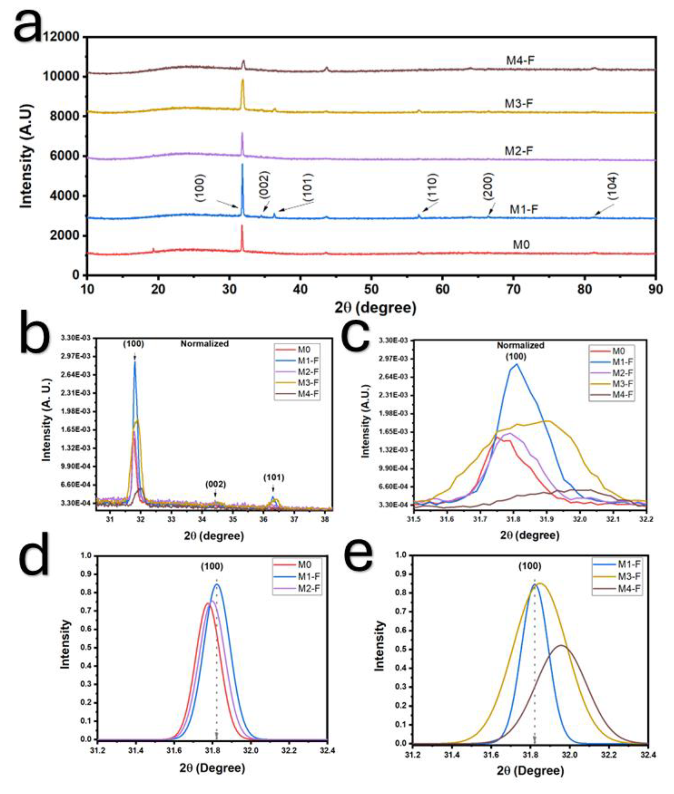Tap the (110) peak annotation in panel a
tap(433, 187)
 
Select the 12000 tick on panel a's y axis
tap(61, 37)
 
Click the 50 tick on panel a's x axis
tap(371, 289)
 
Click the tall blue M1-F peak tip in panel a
tap(242, 165)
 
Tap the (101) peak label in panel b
tap(273, 478)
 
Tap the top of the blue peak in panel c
tap(517, 364)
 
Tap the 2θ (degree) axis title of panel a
tap(375, 308)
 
